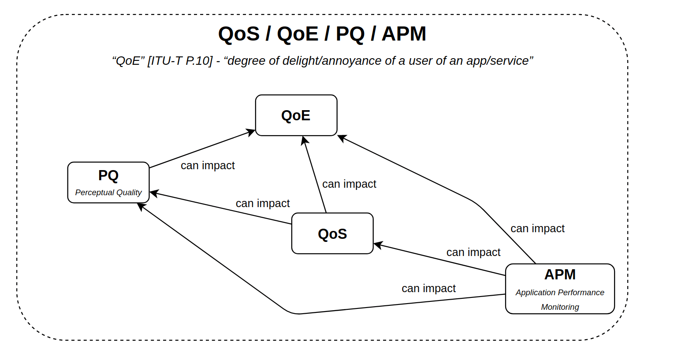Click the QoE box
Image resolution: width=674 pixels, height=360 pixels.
pos(296,115)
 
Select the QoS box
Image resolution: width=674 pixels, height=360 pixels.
pos(332,234)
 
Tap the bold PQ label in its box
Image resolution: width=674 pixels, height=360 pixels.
pos(108,175)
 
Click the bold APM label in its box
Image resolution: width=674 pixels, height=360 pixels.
pos(560,275)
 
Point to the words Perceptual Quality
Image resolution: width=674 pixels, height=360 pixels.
pos(108,193)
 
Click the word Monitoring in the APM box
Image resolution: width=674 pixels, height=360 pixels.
pos(560,307)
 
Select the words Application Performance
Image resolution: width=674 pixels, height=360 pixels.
pos(560,293)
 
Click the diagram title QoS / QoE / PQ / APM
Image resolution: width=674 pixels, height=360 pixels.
pos(322,34)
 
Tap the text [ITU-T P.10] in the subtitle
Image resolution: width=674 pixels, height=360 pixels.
pos(180,61)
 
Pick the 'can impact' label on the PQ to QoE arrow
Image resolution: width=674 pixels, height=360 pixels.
pos(208,166)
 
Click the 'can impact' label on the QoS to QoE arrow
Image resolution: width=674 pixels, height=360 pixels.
pos(349,184)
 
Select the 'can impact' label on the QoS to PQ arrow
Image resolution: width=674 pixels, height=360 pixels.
pos(263,204)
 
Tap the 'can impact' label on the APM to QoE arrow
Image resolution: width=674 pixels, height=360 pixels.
pos(537,229)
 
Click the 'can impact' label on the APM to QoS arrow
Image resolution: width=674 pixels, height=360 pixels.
pos(473,252)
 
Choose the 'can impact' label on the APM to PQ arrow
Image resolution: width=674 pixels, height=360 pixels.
pos(428,289)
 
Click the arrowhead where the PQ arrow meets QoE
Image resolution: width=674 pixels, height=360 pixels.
pos(251,132)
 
